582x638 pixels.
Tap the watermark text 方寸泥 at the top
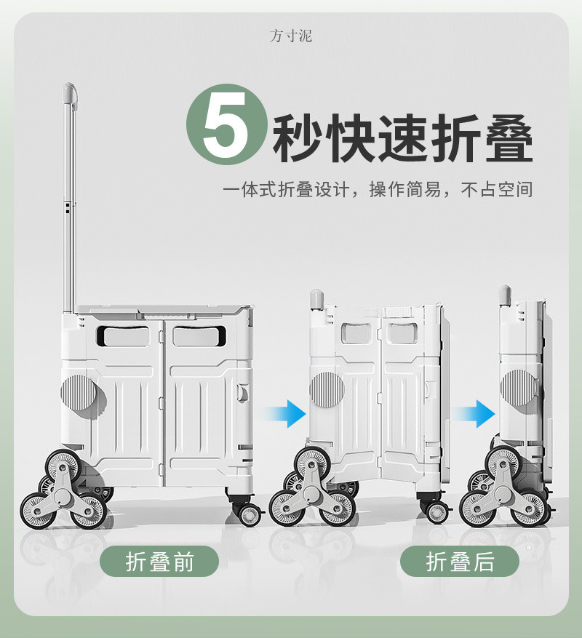pos(290,36)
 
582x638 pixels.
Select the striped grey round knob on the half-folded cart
pos(327,390)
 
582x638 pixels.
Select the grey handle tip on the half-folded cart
pos(316,299)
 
